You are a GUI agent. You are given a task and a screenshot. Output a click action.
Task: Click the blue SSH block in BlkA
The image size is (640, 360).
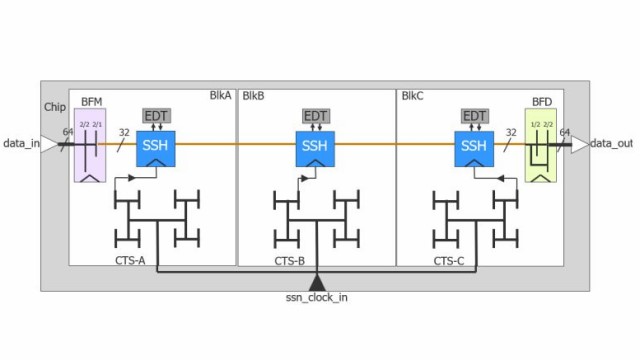[156, 148]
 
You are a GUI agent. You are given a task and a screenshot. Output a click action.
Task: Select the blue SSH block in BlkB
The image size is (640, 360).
[316, 148]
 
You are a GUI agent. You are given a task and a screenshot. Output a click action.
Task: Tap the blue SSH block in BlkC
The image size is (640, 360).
[474, 148]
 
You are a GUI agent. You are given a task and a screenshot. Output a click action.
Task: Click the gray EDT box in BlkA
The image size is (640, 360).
[156, 116]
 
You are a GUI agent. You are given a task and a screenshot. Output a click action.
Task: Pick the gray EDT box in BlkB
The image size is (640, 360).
[316, 116]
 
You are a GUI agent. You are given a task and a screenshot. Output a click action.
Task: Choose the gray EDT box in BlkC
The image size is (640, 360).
[474, 116]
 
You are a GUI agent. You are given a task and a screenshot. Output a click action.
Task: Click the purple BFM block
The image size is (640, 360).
[91, 146]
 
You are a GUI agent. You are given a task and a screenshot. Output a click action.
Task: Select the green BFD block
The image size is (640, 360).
[540, 146]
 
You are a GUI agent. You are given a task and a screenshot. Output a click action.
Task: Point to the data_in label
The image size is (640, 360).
[21, 144]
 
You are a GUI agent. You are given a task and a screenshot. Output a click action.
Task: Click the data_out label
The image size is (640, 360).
[611, 144]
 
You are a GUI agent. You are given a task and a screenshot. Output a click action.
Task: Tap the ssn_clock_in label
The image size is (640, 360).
[317, 297]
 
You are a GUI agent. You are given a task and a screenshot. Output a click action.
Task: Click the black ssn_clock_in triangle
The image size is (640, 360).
[317, 281]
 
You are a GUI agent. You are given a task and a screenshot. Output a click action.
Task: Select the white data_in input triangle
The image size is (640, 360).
[49, 144]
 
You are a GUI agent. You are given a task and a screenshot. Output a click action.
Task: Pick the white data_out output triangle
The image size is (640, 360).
[579, 144]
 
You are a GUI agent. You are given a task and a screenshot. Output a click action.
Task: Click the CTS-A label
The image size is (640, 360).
[130, 260]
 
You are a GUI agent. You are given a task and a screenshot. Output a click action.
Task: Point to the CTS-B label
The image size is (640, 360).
[289, 260]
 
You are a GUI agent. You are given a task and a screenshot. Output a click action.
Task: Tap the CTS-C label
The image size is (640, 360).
[448, 260]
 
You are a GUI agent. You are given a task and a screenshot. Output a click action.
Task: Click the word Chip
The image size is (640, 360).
[55, 107]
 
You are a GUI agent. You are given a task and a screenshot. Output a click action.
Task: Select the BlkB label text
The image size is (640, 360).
[253, 96]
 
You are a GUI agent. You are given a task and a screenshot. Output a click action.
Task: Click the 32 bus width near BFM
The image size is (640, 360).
[124, 130]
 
